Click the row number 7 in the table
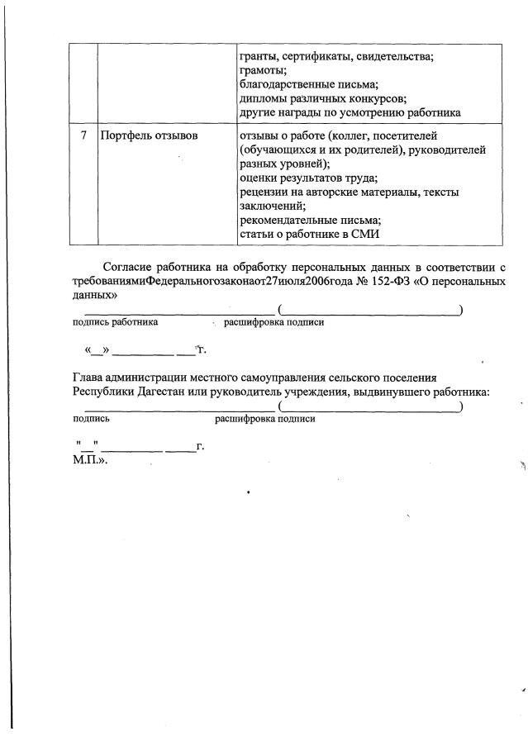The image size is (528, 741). (x=84, y=135)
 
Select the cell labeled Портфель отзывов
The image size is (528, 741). (x=149, y=135)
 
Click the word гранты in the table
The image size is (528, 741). (x=258, y=56)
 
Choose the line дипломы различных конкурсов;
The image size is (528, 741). (x=323, y=98)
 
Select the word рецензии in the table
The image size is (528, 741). (x=264, y=192)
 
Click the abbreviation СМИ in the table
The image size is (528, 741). (x=364, y=235)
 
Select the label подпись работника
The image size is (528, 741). (x=116, y=322)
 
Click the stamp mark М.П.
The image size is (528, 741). (x=89, y=460)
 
